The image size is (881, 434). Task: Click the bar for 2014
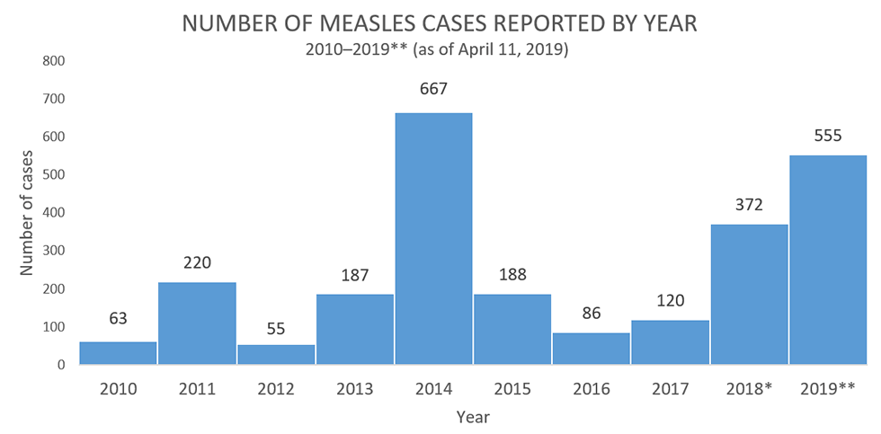433,239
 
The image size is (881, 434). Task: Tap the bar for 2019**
828,261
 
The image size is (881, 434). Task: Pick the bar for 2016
592,349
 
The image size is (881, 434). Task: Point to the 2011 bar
197,323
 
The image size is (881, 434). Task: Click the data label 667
433,89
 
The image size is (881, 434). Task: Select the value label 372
749,205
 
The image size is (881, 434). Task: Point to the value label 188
512,273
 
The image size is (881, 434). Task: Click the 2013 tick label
354,389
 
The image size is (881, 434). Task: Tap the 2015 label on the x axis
512,389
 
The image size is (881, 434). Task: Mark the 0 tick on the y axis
60,365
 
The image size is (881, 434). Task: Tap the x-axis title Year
473,417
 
